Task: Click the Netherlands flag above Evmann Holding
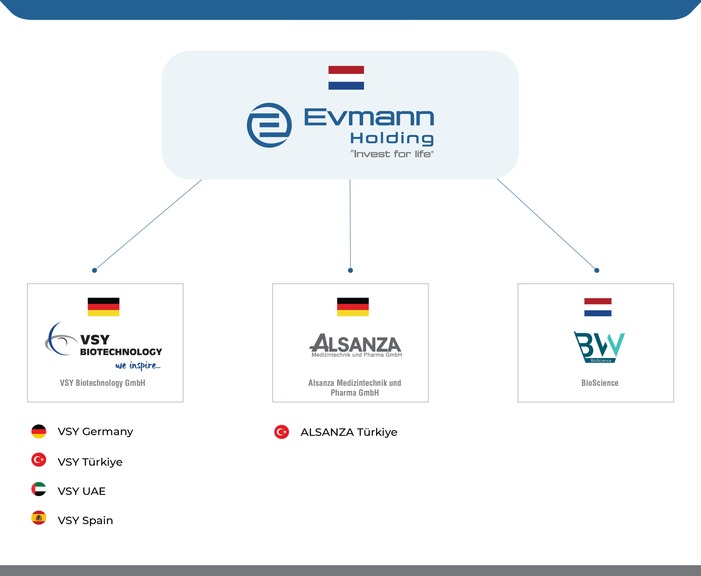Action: [346, 78]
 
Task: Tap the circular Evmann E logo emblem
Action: [269, 125]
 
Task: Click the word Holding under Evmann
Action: [392, 138]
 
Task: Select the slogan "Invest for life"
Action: [392, 154]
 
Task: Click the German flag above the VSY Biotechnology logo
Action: [104, 307]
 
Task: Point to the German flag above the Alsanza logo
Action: [353, 307]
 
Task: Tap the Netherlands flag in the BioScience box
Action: [597, 307]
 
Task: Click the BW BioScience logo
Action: [599, 347]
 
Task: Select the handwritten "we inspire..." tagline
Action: [138, 365]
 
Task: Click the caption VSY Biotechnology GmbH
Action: [102, 383]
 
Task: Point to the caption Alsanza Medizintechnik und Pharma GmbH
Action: [354, 388]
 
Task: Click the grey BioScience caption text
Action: [599, 383]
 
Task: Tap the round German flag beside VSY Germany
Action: [39, 431]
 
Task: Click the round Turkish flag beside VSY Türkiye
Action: [39, 460]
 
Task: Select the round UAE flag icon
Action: [39, 489]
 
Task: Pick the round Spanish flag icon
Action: [39, 518]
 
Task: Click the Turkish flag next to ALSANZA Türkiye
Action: [281, 432]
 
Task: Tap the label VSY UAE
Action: [82, 491]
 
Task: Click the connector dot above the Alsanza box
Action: [350, 270]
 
